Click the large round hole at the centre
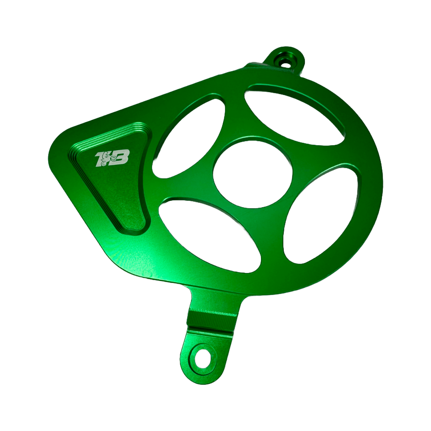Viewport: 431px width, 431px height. (x=252, y=172)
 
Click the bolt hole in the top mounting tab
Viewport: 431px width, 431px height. (x=285, y=62)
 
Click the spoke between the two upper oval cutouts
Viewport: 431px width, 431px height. (x=235, y=116)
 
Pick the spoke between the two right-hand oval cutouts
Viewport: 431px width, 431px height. (x=319, y=156)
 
